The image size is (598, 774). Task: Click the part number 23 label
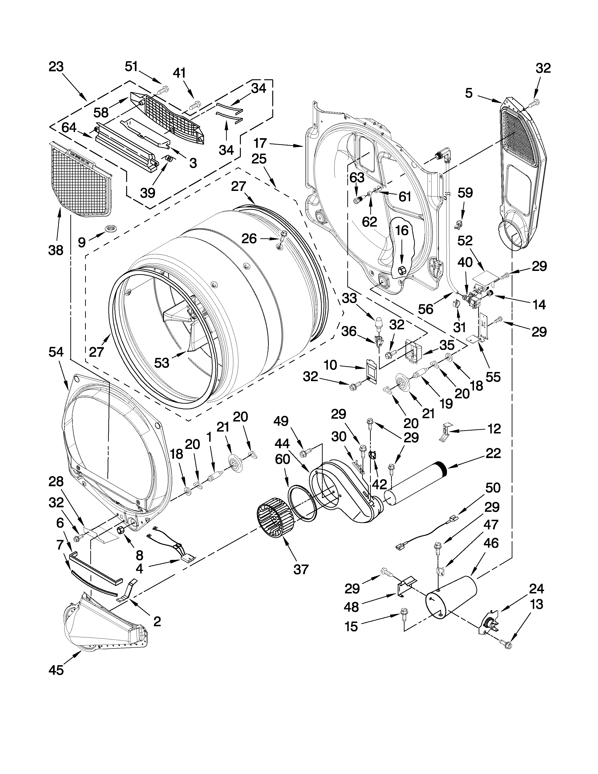[x=56, y=67]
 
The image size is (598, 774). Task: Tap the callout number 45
[x=56, y=670]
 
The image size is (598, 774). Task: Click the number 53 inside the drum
[x=162, y=363]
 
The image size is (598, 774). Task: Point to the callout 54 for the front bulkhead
[x=56, y=352]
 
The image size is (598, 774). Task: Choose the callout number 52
[x=465, y=241]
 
